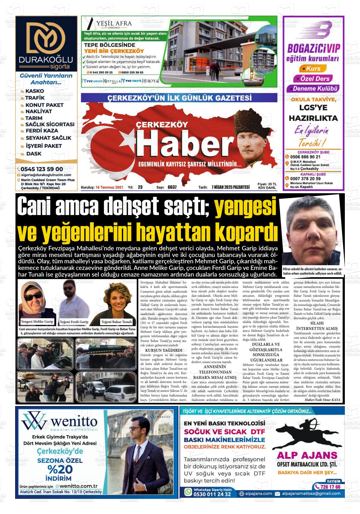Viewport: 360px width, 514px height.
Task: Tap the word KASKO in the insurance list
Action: (34, 91)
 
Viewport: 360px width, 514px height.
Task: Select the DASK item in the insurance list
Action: (33, 154)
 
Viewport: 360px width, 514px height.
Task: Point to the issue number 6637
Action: (172, 187)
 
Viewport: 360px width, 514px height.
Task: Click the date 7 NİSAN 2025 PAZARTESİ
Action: (230, 187)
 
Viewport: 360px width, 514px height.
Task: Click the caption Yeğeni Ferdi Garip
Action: (74, 322)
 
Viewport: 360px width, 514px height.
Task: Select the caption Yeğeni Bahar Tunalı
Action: (117, 322)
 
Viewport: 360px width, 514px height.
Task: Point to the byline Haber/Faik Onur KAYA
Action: (322, 400)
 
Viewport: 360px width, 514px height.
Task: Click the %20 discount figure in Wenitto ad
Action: (60, 469)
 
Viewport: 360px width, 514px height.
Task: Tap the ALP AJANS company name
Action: (307, 455)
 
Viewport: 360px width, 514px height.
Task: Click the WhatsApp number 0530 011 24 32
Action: (212, 494)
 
